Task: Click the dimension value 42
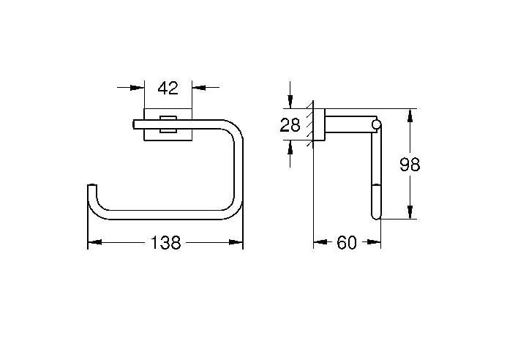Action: coord(168,89)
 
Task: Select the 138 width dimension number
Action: coord(166,243)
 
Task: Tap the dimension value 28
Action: coord(290,125)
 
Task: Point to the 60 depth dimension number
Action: coord(347,243)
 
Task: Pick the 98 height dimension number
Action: coord(410,165)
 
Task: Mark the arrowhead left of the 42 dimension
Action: coord(137,88)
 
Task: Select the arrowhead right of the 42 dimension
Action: coord(199,88)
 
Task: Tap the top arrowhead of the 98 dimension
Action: coord(410,116)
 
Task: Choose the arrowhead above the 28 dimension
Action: coord(291,102)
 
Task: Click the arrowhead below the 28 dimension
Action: coord(291,147)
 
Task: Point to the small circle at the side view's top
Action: coord(376,126)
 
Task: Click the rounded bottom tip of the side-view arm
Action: coord(375,215)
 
